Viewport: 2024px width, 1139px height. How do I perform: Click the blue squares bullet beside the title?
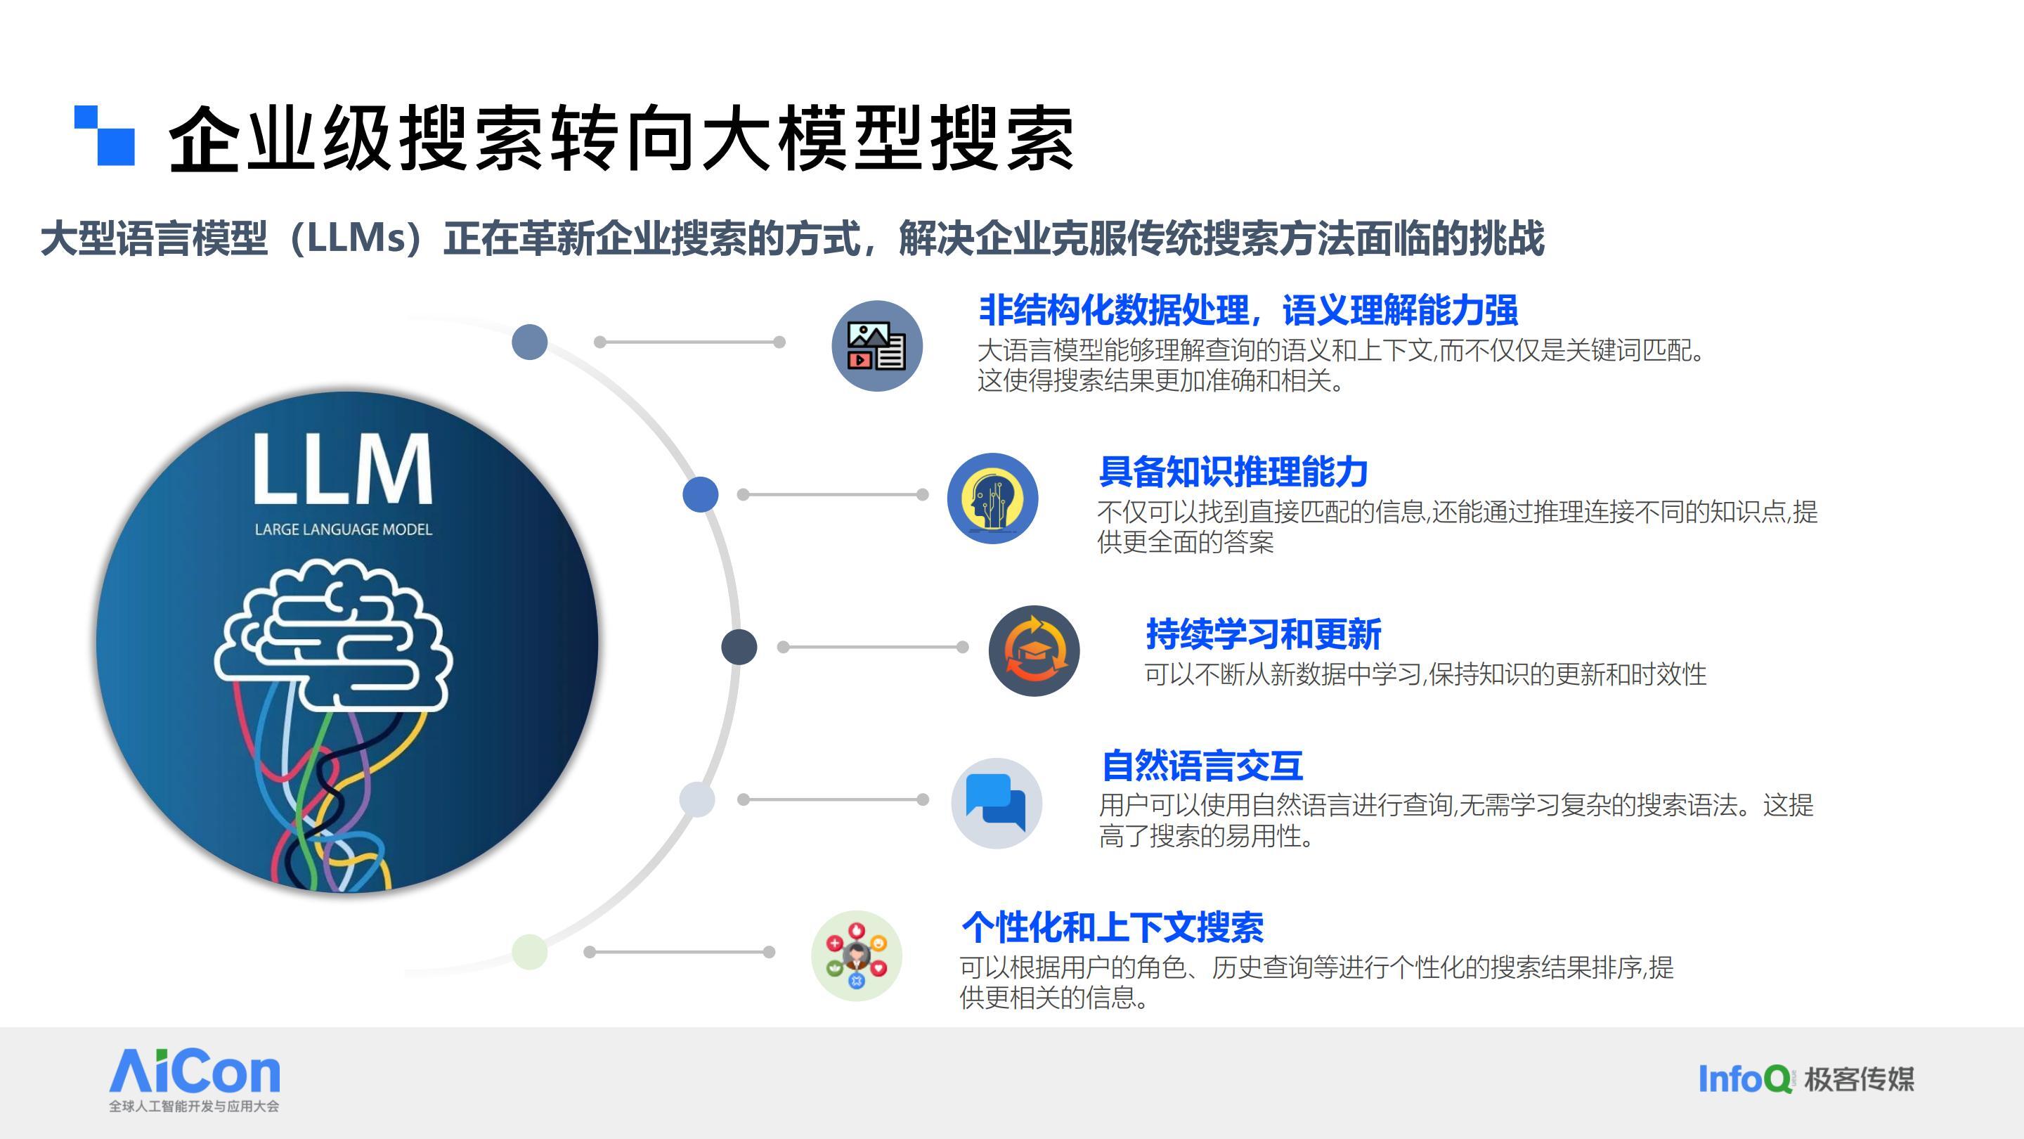[105, 135]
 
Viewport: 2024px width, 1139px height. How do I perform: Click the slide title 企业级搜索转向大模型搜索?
[621, 139]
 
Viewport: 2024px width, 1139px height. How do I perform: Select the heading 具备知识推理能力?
[1233, 472]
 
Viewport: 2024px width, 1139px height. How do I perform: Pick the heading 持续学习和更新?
[1264, 634]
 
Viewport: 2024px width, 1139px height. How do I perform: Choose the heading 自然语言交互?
[1202, 766]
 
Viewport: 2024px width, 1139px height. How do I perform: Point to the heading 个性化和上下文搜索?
[1112, 927]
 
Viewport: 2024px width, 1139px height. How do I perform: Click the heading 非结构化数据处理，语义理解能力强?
[1247, 309]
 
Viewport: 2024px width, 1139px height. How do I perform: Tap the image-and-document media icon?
[877, 346]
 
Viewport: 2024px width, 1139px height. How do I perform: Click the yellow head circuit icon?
[992, 498]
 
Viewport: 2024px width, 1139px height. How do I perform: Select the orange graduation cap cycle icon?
[1034, 651]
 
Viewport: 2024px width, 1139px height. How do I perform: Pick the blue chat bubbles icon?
[997, 804]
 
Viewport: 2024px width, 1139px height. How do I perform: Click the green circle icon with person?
[857, 956]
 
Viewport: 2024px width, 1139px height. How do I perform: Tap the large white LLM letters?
[342, 468]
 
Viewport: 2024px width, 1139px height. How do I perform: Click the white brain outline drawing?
[333, 633]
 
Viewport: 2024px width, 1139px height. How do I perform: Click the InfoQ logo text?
[1745, 1079]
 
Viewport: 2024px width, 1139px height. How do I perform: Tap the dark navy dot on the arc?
[739, 647]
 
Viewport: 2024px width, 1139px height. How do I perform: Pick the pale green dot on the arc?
[530, 952]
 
